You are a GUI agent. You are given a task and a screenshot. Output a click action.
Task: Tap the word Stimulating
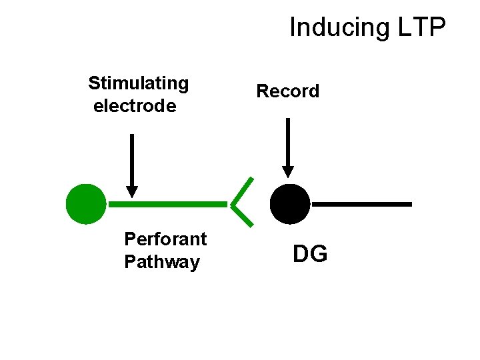[139, 83]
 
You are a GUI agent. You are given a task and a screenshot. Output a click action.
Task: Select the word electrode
[135, 106]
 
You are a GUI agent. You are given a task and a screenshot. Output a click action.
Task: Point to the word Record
[288, 91]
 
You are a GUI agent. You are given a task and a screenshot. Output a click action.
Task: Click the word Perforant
[165, 239]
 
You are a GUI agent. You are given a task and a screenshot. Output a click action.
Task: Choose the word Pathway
[162, 262]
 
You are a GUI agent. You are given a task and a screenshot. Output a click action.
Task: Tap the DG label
[310, 254]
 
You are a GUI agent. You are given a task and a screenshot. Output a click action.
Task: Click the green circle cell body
[86, 204]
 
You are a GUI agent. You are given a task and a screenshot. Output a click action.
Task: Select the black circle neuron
[290, 204]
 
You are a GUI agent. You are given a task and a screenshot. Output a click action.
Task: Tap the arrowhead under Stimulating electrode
[132, 191]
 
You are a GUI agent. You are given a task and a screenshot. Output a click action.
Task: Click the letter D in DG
[301, 254]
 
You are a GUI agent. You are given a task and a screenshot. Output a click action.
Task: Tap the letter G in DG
[319, 254]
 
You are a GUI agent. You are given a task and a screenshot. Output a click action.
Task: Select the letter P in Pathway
[130, 262]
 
